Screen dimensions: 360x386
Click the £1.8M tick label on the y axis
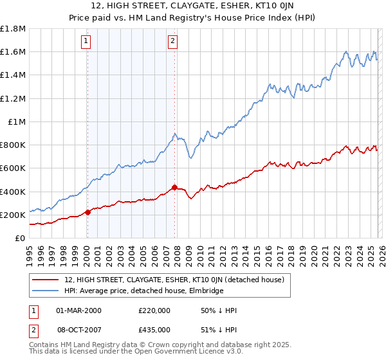14,29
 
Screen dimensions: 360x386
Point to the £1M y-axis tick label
17,122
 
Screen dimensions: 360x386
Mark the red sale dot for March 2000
87,213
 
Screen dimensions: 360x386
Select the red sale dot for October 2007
174,188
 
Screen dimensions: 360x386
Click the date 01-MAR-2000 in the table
79,310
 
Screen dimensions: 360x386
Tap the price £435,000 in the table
154,329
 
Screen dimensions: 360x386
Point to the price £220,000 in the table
154,310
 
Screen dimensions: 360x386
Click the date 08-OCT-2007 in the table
79,329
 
